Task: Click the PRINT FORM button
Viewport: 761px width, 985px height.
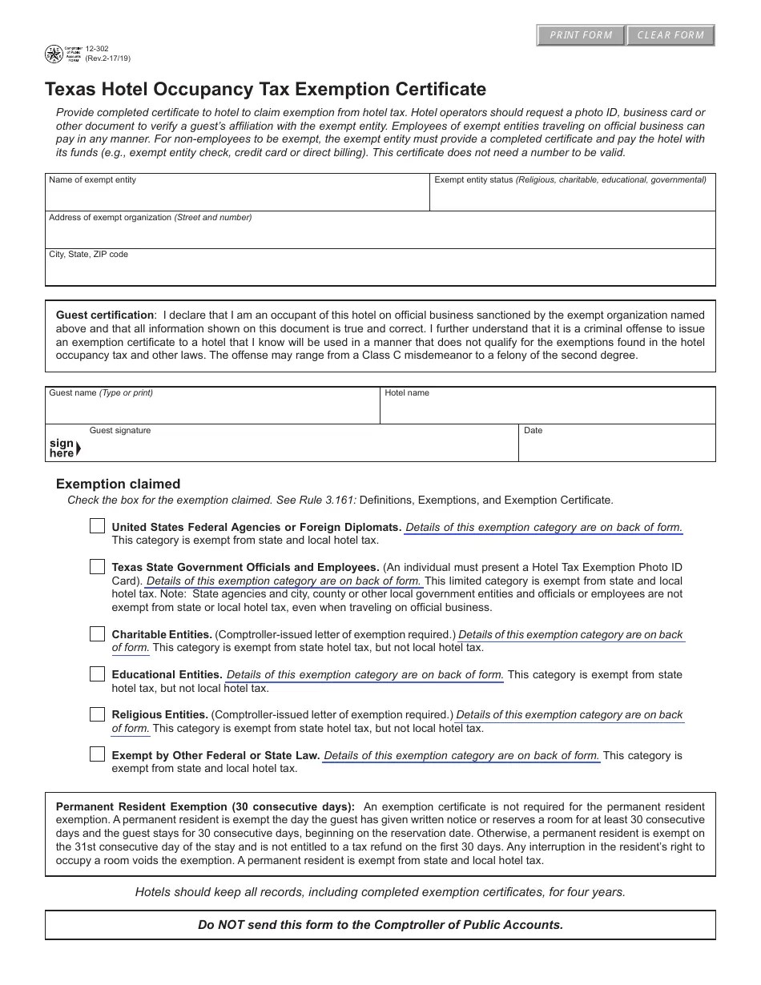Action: click(581, 35)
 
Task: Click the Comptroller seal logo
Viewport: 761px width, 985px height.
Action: click(54, 54)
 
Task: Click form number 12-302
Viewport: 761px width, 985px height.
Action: click(97, 49)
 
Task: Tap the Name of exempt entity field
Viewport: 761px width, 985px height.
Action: click(237, 196)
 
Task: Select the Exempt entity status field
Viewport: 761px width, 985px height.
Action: click(572, 196)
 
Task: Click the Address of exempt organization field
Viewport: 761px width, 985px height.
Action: click(380, 234)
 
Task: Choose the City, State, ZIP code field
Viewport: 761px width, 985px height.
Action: click(380, 271)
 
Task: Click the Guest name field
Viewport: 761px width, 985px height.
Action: click(211, 410)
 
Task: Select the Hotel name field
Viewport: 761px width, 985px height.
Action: click(547, 410)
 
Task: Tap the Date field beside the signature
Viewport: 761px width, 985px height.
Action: click(617, 447)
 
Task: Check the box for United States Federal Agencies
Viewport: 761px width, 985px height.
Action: click(97, 526)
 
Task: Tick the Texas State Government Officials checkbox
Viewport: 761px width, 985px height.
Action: click(97, 567)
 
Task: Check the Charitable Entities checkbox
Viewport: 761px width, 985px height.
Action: click(97, 634)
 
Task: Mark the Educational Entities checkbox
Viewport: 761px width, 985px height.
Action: click(97, 674)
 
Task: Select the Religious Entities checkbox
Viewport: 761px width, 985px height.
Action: click(97, 714)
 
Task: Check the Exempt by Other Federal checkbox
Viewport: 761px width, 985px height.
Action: click(97, 754)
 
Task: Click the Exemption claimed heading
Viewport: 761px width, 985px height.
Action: click(118, 484)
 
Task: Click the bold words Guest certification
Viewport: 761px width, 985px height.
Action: click(104, 315)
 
